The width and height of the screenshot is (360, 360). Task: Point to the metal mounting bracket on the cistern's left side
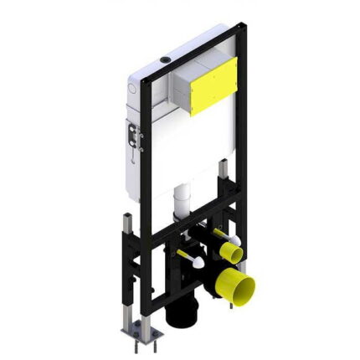(133, 135)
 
